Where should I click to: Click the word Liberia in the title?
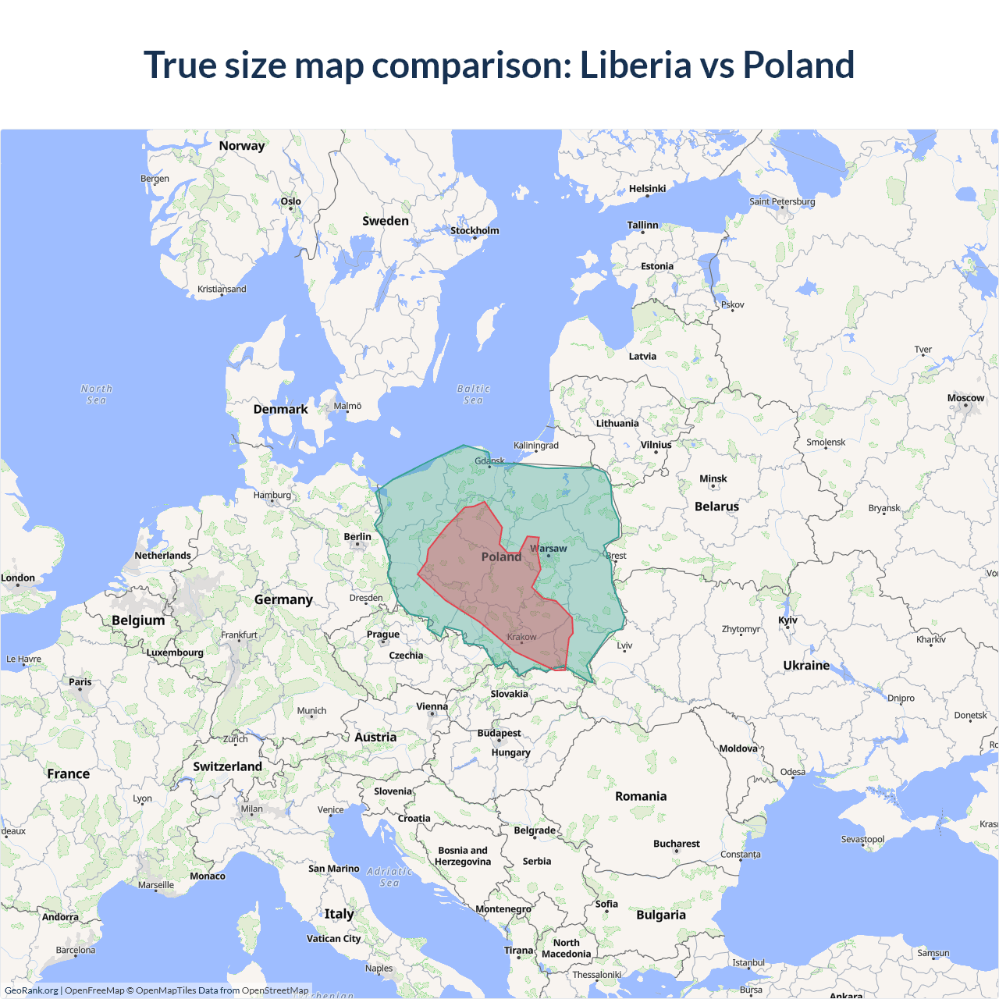pyautogui.click(x=635, y=66)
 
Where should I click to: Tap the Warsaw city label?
pyautogui.click(x=549, y=549)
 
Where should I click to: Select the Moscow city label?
pyautogui.click(x=965, y=398)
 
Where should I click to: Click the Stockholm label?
pyautogui.click(x=475, y=230)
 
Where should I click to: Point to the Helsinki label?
pyautogui.click(x=647, y=189)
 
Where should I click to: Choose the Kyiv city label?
pyautogui.click(x=787, y=620)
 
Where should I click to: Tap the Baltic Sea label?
pyautogui.click(x=473, y=394)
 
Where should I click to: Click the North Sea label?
pyautogui.click(x=96, y=394)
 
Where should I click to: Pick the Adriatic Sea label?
pyautogui.click(x=389, y=876)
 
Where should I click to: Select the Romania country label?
pyautogui.click(x=641, y=796)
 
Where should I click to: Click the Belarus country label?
pyautogui.click(x=716, y=507)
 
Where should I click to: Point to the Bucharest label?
pyautogui.click(x=676, y=844)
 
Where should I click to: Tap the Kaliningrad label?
pyautogui.click(x=536, y=446)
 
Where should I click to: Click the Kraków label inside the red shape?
pyautogui.click(x=521, y=637)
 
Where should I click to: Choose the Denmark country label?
pyautogui.click(x=280, y=409)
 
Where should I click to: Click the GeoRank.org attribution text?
pyautogui.click(x=31, y=990)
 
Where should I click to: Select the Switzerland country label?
pyautogui.click(x=227, y=766)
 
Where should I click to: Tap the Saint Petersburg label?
pyautogui.click(x=782, y=201)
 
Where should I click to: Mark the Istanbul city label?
pyautogui.click(x=748, y=962)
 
